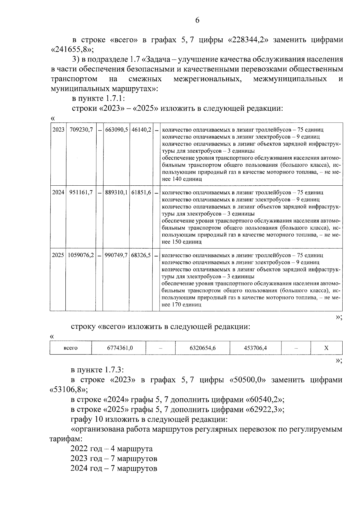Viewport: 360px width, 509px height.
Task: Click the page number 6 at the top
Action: pos(197,20)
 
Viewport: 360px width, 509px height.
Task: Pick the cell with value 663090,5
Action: pos(116,130)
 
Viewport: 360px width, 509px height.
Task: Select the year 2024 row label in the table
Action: pos(58,193)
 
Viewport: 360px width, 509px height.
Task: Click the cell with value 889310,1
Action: pos(116,193)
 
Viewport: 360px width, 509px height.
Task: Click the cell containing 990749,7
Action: pos(116,255)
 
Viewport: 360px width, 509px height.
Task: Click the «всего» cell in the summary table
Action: pos(71,348)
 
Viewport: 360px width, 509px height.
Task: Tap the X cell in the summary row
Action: pos(326,348)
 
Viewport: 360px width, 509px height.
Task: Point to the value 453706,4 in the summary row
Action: pos(255,348)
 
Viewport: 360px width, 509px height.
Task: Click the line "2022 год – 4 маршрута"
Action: pos(112,449)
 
